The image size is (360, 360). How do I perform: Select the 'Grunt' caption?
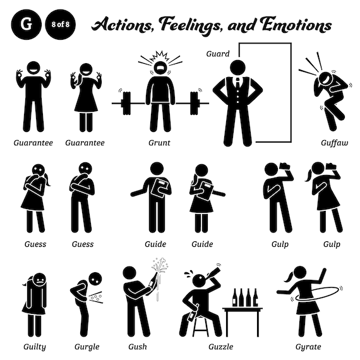160,143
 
